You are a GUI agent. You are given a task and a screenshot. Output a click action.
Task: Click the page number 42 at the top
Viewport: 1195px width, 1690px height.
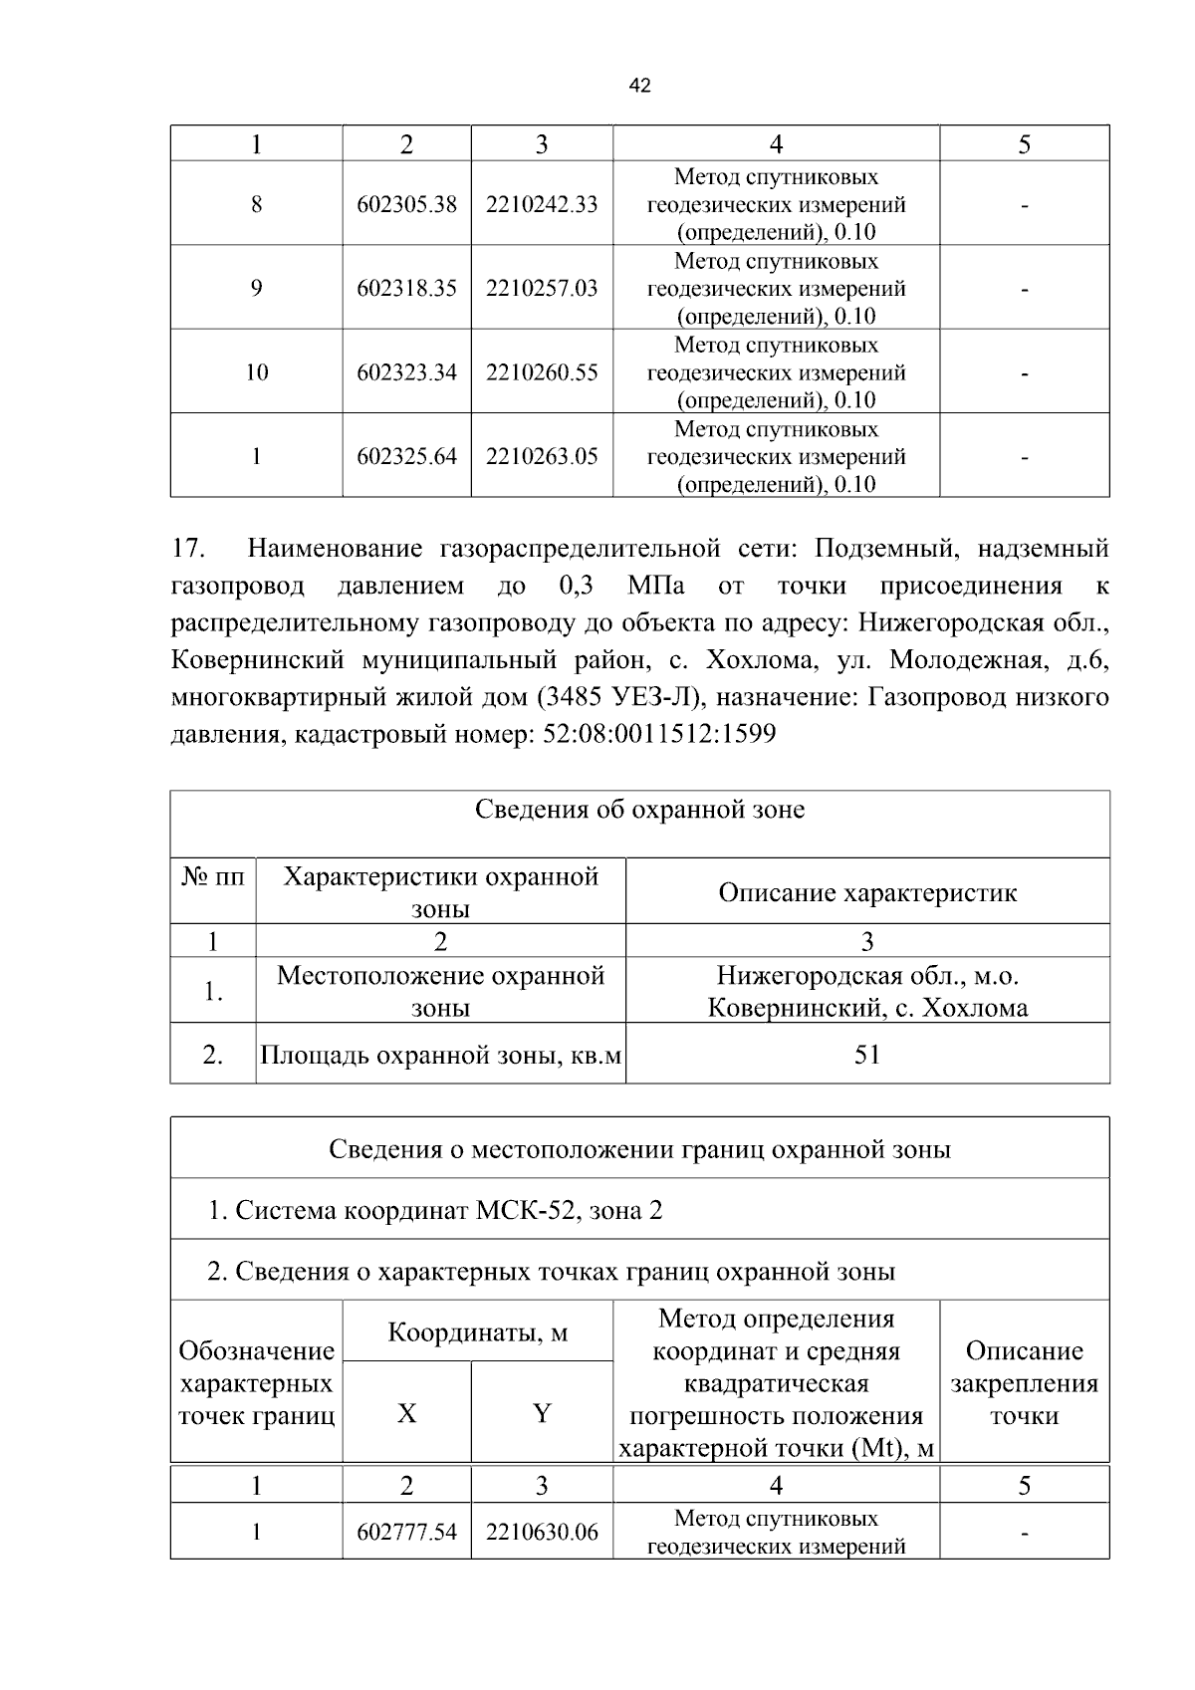(640, 87)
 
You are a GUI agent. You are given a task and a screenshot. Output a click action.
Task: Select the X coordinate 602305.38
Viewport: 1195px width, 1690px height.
(406, 204)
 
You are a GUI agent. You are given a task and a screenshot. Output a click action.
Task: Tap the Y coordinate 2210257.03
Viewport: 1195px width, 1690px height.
(542, 289)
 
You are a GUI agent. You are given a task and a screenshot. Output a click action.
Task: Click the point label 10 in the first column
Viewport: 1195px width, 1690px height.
(256, 372)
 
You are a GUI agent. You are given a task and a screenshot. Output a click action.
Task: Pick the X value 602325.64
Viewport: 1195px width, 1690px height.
(406, 457)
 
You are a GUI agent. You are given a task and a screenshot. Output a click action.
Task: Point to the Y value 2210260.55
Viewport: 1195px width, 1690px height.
(542, 372)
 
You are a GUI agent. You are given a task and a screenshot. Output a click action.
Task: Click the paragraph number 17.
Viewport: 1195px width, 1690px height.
(189, 549)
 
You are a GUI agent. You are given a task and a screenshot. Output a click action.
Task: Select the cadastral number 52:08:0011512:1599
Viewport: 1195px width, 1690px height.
(658, 735)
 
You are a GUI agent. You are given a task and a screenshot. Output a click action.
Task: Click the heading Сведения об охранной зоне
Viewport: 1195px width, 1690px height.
(639, 810)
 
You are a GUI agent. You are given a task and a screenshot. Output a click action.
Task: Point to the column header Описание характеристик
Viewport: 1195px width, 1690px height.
(867, 892)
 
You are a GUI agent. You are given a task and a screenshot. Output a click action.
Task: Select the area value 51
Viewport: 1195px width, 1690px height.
(867, 1055)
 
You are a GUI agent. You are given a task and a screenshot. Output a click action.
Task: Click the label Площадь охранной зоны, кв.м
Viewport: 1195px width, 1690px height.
(440, 1055)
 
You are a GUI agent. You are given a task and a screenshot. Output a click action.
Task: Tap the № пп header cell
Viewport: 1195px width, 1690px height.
(213, 877)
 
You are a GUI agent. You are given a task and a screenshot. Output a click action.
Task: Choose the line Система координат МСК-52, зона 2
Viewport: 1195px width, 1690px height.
(435, 1211)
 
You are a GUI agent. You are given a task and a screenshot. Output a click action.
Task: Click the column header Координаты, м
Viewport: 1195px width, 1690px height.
(477, 1332)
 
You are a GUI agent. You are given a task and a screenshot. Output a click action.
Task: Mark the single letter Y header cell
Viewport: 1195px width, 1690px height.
(542, 1413)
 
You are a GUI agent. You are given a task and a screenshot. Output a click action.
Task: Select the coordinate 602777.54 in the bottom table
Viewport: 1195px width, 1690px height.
(406, 1532)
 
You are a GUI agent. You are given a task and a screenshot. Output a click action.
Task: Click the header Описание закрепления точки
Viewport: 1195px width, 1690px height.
(1024, 1383)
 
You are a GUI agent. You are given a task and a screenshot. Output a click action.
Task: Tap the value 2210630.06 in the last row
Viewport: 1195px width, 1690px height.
(542, 1532)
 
